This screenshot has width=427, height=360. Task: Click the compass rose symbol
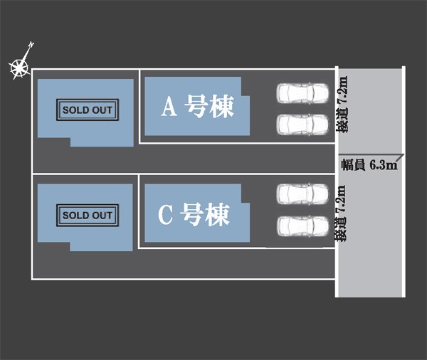pos(19,68)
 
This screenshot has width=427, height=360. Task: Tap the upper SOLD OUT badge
pos(88,110)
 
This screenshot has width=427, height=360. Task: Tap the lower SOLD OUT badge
pos(88,215)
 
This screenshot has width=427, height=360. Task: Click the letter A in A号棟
pos(169,107)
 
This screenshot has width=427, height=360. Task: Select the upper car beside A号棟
pos(302,93)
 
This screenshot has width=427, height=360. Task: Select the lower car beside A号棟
pos(302,125)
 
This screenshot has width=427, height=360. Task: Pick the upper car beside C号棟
pos(302,194)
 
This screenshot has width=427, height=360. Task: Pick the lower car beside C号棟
pos(302,226)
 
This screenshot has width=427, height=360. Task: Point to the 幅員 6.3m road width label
pos(368,166)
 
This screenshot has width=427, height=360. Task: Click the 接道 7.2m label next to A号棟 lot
pos(344,105)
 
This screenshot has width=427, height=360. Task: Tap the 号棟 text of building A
pos(209,107)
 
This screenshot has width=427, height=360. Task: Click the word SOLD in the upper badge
pos(75,110)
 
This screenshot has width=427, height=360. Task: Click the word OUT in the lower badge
pos(102,215)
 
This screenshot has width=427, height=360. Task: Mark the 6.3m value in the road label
pos(383,166)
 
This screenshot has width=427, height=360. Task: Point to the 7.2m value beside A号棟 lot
pos(344,90)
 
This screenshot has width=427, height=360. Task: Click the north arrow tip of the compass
pos(31,45)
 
